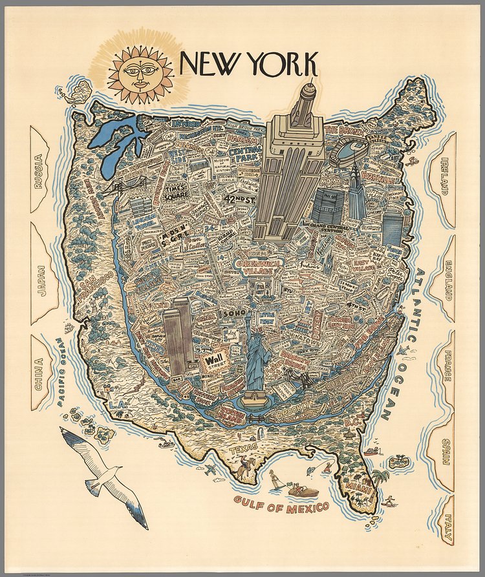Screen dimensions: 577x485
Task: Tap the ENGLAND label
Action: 447,281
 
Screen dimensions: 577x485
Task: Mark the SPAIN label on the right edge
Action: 446,452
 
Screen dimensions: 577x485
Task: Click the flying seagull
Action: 103,475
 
